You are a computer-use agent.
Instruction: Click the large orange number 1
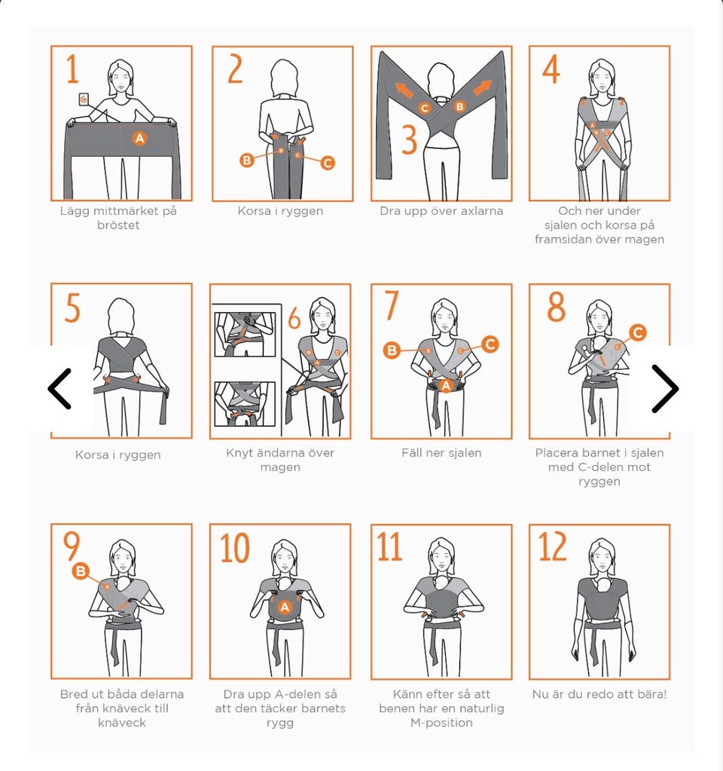pos(72,69)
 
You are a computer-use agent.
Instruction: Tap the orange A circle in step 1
pos(139,138)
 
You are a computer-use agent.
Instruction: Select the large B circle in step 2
pos(247,160)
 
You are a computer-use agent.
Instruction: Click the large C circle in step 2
pos(328,163)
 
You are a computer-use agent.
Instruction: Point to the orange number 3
pos(409,139)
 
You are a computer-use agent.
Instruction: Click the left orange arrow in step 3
pos(404,90)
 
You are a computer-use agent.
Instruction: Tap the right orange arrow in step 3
pos(482,87)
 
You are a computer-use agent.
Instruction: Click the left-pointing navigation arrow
pos(60,388)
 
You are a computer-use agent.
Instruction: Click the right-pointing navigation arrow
pos(665,388)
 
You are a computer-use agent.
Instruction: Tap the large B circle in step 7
pos(392,350)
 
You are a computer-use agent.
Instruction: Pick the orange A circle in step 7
pos(446,386)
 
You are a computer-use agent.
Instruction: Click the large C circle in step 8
pos(637,332)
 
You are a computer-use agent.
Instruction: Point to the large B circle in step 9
pos(81,571)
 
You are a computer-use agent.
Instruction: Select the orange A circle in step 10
pos(285,607)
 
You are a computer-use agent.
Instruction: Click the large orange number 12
pos(553,546)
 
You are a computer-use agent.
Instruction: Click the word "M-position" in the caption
pos(441,723)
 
